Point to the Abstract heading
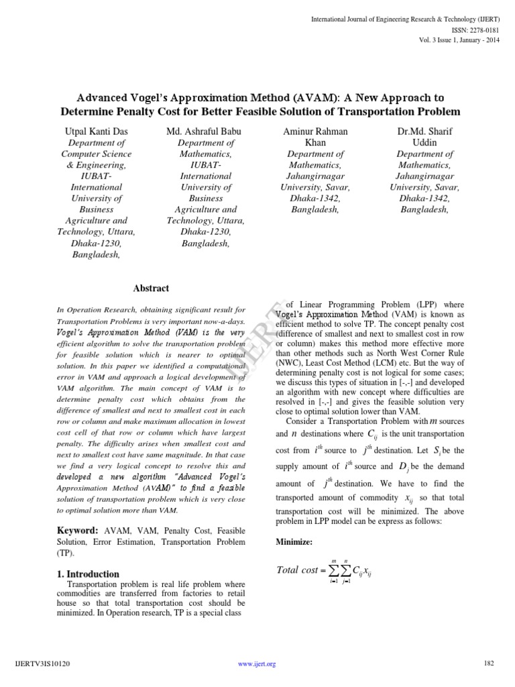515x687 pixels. (x=151, y=288)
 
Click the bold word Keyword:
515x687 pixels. (x=79, y=530)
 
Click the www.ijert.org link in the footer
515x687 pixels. (x=257, y=664)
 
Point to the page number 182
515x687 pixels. (x=488, y=664)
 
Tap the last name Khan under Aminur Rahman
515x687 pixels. (x=314, y=143)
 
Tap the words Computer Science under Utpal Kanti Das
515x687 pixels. (x=97, y=154)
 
